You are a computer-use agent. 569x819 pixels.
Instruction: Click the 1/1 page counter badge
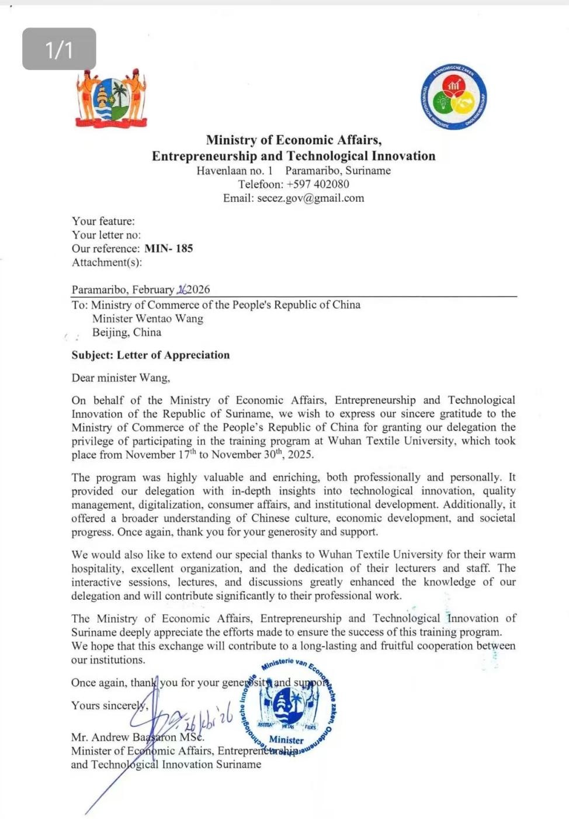click(x=59, y=49)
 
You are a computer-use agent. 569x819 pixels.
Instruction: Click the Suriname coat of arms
click(x=111, y=98)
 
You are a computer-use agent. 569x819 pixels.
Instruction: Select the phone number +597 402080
click(x=318, y=184)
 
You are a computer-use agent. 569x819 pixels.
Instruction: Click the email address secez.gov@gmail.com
click(x=310, y=198)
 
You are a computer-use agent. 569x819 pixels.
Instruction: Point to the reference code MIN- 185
click(x=168, y=248)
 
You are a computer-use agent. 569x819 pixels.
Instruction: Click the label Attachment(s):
click(x=107, y=262)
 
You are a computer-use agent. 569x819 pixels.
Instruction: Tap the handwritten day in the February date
click(x=182, y=289)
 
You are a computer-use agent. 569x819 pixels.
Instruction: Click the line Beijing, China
click(x=126, y=333)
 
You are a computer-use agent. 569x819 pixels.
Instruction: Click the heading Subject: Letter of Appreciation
click(x=151, y=355)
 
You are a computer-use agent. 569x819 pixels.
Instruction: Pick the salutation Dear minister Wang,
click(x=121, y=378)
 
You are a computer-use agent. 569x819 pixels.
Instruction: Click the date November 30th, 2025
click(x=262, y=454)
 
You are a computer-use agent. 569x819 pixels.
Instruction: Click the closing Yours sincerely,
click(x=110, y=706)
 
